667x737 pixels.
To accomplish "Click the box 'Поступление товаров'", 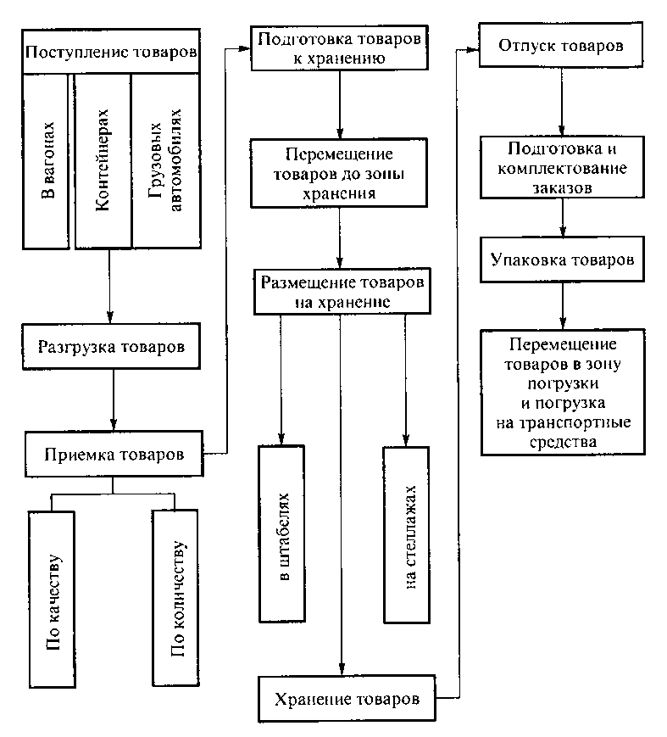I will [111, 53].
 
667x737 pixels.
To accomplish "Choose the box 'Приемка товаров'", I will [114, 454].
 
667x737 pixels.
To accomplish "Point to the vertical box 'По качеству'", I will [53, 599].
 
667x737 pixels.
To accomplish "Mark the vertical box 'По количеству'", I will [175, 597].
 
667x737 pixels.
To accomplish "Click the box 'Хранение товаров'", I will [347, 701].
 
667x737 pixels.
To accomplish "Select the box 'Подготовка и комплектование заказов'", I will [564, 167].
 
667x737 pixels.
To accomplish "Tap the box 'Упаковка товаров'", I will [563, 260].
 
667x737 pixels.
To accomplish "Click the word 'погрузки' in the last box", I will [562, 382].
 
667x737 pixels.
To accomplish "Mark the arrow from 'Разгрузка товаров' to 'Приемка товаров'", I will [114, 401].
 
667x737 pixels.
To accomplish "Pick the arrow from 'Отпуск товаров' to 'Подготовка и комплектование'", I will [561, 101].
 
